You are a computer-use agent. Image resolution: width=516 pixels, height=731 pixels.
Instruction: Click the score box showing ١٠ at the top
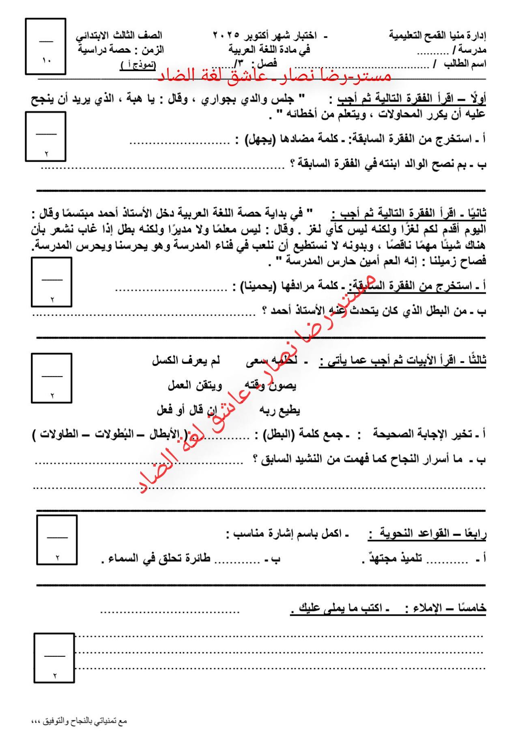click(45, 47)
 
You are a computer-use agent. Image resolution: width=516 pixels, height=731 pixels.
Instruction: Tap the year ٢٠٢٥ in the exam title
click(226, 36)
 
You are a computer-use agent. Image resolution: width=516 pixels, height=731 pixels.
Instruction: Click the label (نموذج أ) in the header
click(138, 65)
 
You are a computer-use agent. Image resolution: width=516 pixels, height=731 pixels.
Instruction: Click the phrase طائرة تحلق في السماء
click(157, 559)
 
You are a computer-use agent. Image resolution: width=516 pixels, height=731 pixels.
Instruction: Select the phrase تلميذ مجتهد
click(391, 559)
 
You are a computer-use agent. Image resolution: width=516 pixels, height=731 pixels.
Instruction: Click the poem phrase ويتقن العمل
click(195, 385)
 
